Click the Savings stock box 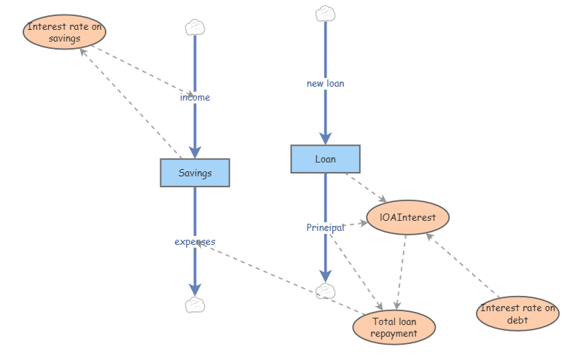[195, 173]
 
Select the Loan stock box [325, 159]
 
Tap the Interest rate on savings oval [64, 32]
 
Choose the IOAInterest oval [407, 217]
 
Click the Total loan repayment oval [394, 327]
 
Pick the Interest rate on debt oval [517, 313]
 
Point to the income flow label [195, 98]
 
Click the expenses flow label [195, 242]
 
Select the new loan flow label [325, 84]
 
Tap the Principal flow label [325, 227]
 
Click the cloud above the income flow [195, 28]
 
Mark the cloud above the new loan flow [325, 14]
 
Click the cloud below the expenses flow [195, 305]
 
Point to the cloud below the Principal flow [325, 291]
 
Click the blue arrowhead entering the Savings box [195, 152]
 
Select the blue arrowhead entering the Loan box [325, 138]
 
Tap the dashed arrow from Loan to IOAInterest [366, 187]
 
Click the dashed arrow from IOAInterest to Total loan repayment [402, 273]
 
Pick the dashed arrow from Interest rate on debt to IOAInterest [462, 265]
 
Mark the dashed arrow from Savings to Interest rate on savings [130, 103]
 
